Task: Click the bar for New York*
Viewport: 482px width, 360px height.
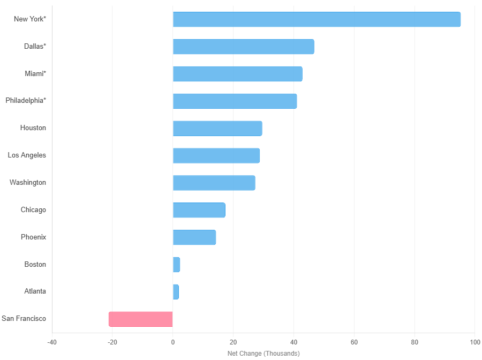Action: point(317,19)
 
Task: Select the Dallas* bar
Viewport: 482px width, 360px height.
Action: point(243,47)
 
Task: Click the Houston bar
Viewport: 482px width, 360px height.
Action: point(217,129)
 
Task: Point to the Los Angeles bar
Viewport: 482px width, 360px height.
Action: point(216,155)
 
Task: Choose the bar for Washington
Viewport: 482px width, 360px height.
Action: point(214,183)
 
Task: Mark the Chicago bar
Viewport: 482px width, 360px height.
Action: point(199,210)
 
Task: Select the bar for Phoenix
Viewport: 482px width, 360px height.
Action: point(194,237)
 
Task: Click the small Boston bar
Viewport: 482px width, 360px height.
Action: point(176,265)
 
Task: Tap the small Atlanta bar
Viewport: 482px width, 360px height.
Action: point(176,292)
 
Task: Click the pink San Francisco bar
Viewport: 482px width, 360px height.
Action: point(140,319)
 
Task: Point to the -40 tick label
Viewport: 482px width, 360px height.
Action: point(52,342)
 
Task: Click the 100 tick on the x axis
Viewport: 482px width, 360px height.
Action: point(475,342)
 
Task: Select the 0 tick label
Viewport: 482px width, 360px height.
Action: point(172,342)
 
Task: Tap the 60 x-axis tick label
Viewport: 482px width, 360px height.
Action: point(354,342)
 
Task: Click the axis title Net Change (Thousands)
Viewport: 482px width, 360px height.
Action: point(263,354)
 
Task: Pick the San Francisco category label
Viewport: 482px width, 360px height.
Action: point(24,319)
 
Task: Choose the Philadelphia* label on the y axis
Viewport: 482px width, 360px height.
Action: point(26,101)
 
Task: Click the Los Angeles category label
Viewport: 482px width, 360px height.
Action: point(27,155)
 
